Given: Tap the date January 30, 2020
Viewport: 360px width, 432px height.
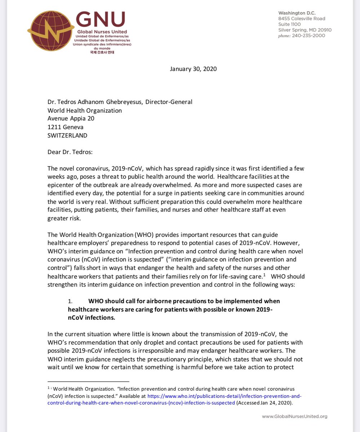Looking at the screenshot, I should coord(193,69).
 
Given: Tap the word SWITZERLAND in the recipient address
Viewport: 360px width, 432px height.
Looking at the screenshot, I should coord(67,135).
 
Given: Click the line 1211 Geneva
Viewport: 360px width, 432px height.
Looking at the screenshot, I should coord(64,127).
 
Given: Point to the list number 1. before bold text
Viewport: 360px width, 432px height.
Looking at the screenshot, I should coord(71,301).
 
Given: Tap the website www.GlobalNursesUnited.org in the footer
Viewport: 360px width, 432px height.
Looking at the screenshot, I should coord(294,417).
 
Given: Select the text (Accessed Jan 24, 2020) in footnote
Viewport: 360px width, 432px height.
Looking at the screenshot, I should coord(267,403).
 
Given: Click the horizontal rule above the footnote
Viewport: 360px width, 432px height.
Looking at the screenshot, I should coord(88,381).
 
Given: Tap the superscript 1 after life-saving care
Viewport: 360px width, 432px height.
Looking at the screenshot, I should coord(265,275).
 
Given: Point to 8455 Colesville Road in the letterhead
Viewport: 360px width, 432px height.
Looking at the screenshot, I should coord(302,18).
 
